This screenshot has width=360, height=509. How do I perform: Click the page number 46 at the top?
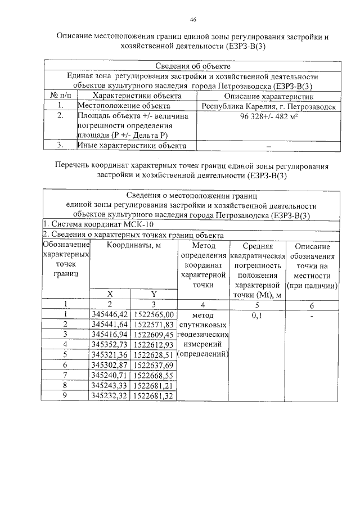(192, 20)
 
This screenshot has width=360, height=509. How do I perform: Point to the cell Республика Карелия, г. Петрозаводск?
(268, 106)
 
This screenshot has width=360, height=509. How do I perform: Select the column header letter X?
(110, 294)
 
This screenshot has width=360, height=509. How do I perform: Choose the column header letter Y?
(154, 294)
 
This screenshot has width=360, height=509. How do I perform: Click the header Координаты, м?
(134, 246)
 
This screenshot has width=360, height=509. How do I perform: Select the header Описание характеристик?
(268, 96)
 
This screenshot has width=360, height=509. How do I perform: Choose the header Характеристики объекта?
(137, 96)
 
